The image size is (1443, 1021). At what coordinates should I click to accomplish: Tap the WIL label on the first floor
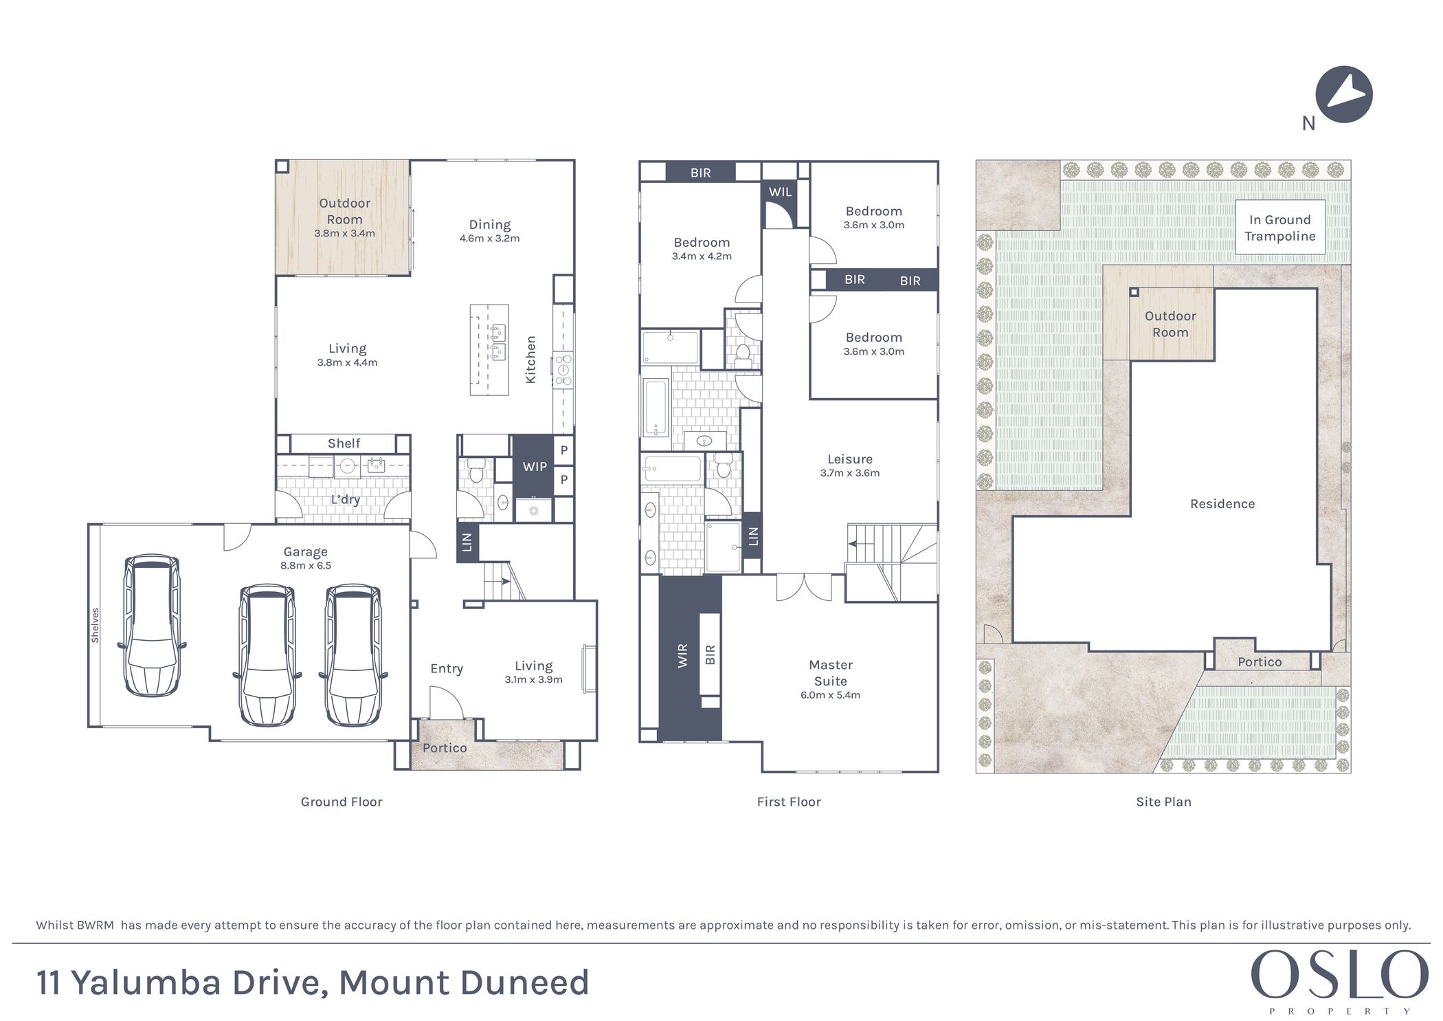pyautogui.click(x=780, y=192)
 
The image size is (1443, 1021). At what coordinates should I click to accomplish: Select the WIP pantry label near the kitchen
pyautogui.click(x=535, y=466)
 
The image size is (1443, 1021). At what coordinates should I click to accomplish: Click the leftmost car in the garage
pyautogui.click(x=151, y=626)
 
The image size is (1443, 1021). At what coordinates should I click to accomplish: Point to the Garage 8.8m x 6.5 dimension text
pyautogui.click(x=306, y=565)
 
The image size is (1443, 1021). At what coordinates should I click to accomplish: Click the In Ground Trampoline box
pyautogui.click(x=1279, y=228)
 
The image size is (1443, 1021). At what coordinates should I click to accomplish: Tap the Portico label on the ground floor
pyautogui.click(x=445, y=747)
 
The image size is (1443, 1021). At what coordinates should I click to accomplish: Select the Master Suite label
pyautogui.click(x=830, y=672)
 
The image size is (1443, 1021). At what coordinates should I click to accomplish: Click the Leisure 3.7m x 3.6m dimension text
pyautogui.click(x=849, y=473)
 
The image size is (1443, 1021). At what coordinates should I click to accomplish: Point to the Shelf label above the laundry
pyautogui.click(x=344, y=443)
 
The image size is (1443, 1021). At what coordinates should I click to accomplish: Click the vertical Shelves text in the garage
pyautogui.click(x=96, y=625)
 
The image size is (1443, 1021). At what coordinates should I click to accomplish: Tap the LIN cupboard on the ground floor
pyautogui.click(x=467, y=542)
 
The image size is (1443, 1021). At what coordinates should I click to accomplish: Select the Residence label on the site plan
pyautogui.click(x=1222, y=504)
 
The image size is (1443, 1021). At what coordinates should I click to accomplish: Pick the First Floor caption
pyautogui.click(x=788, y=802)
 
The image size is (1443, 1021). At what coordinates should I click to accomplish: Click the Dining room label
pyautogui.click(x=489, y=225)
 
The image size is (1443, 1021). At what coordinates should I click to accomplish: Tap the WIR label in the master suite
pyautogui.click(x=682, y=655)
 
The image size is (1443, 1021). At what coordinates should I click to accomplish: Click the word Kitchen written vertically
pyautogui.click(x=530, y=360)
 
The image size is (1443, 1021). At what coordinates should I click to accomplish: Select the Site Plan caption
pyautogui.click(x=1163, y=802)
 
